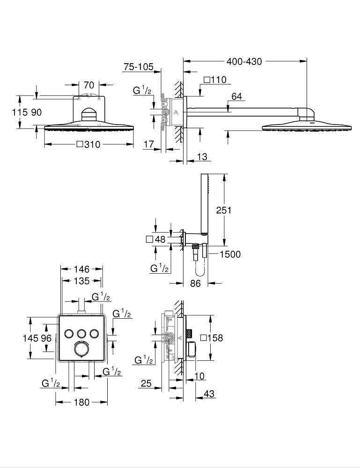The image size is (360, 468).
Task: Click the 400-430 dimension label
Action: click(x=244, y=61)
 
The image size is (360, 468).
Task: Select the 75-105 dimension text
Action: click(x=139, y=67)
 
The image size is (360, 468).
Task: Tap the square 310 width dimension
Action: click(x=88, y=145)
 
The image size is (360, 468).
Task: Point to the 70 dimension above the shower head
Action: click(x=89, y=85)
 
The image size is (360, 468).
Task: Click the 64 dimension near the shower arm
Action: click(x=237, y=96)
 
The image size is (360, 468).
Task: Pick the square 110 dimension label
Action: click(x=215, y=80)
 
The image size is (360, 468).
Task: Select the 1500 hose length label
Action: click(x=229, y=254)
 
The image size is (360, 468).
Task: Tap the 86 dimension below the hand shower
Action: click(x=195, y=284)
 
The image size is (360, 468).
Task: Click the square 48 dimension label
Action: click(x=156, y=240)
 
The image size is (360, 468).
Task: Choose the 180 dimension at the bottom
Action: click(x=81, y=402)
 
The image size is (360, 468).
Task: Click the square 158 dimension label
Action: click(x=211, y=338)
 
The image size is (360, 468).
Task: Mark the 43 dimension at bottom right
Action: click(x=209, y=395)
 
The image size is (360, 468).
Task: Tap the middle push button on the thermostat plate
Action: click(x=82, y=333)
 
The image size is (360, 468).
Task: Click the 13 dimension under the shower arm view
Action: click(x=202, y=157)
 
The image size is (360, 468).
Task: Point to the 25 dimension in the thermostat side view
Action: click(x=146, y=384)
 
